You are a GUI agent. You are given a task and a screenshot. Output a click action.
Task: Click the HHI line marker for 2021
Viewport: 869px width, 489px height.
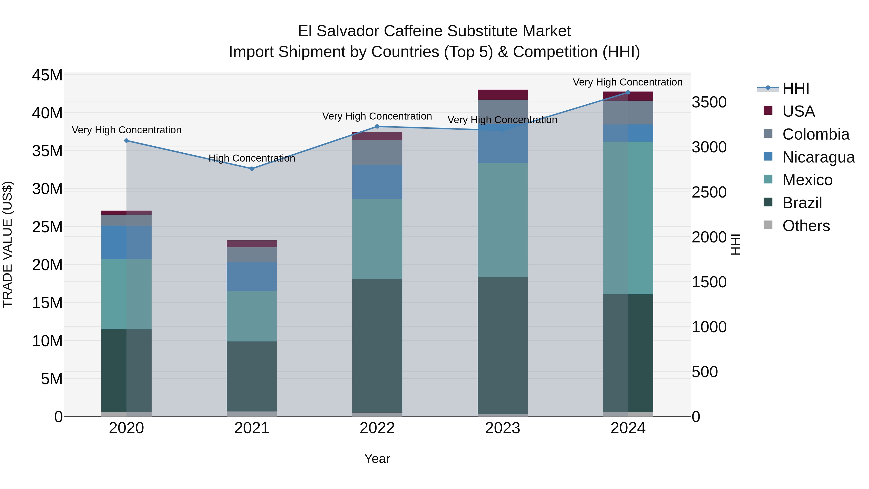(x=252, y=168)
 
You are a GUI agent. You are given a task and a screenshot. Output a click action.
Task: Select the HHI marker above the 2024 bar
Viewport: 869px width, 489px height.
(x=628, y=92)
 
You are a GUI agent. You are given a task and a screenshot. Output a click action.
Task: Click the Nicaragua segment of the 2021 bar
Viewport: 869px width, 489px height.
(x=252, y=276)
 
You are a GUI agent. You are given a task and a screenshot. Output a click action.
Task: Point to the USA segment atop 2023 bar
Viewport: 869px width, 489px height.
(x=503, y=94)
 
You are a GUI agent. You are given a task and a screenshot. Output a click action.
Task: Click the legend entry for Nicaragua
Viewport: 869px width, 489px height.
(x=818, y=157)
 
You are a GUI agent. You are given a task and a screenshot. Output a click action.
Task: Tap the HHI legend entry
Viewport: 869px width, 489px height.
(x=795, y=88)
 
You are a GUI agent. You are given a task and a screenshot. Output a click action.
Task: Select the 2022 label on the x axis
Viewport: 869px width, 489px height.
(x=377, y=428)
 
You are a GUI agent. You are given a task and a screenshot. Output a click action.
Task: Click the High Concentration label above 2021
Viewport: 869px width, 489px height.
(x=252, y=158)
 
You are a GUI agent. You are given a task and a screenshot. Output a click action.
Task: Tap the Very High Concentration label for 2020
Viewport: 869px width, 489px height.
(x=126, y=130)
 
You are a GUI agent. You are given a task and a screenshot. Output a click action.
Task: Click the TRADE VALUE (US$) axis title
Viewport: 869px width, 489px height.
(x=7, y=244)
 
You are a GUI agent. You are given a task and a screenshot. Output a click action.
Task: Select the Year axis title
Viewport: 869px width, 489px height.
(x=377, y=458)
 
